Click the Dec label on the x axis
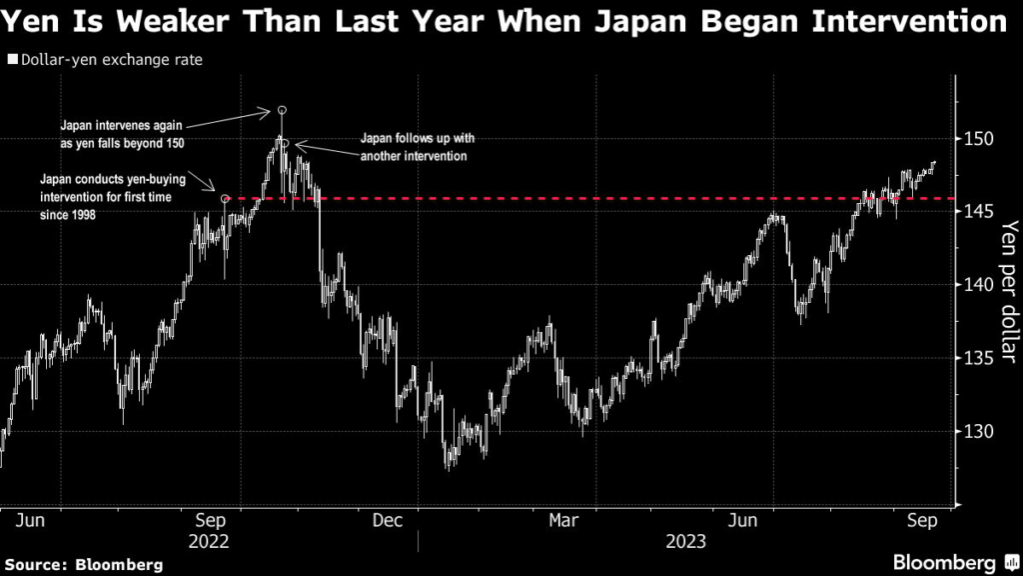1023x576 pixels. point(388,520)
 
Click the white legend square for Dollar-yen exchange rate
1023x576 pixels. point(11,60)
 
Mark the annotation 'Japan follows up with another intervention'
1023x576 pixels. point(413,149)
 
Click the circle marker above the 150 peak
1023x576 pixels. point(282,109)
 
